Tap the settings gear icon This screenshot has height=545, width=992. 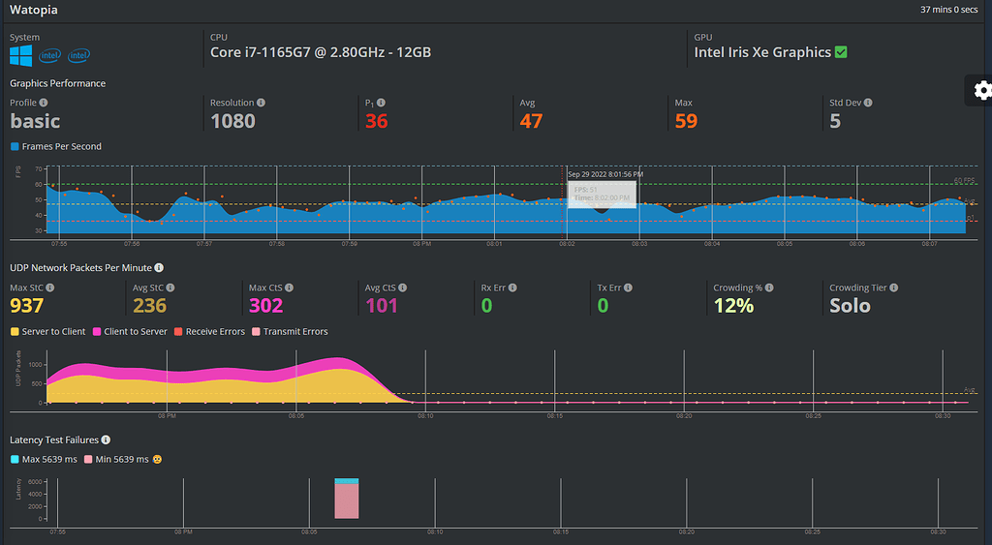pyautogui.click(x=982, y=90)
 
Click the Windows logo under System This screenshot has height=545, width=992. pyautogui.click(x=21, y=55)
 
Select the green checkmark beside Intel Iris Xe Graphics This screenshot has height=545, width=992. pyautogui.click(x=840, y=52)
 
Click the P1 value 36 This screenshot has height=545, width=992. pyautogui.click(x=377, y=121)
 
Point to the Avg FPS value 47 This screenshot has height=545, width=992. pyautogui.click(x=531, y=121)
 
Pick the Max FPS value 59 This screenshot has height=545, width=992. pyautogui.click(x=686, y=121)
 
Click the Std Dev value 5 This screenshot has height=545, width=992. pyautogui.click(x=835, y=121)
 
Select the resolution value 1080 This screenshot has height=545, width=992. pyautogui.click(x=232, y=121)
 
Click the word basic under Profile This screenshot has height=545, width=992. pyautogui.click(x=35, y=121)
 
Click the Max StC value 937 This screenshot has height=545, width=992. pyautogui.click(x=27, y=306)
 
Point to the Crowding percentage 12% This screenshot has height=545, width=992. pyautogui.click(x=732, y=306)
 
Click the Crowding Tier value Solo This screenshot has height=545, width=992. pyautogui.click(x=850, y=306)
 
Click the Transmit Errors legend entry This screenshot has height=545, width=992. pyautogui.click(x=292, y=332)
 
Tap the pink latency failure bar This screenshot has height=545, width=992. pyautogui.click(x=347, y=501)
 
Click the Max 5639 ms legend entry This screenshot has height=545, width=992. pyautogui.click(x=46, y=459)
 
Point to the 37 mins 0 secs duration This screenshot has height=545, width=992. pyautogui.click(x=951, y=10)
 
